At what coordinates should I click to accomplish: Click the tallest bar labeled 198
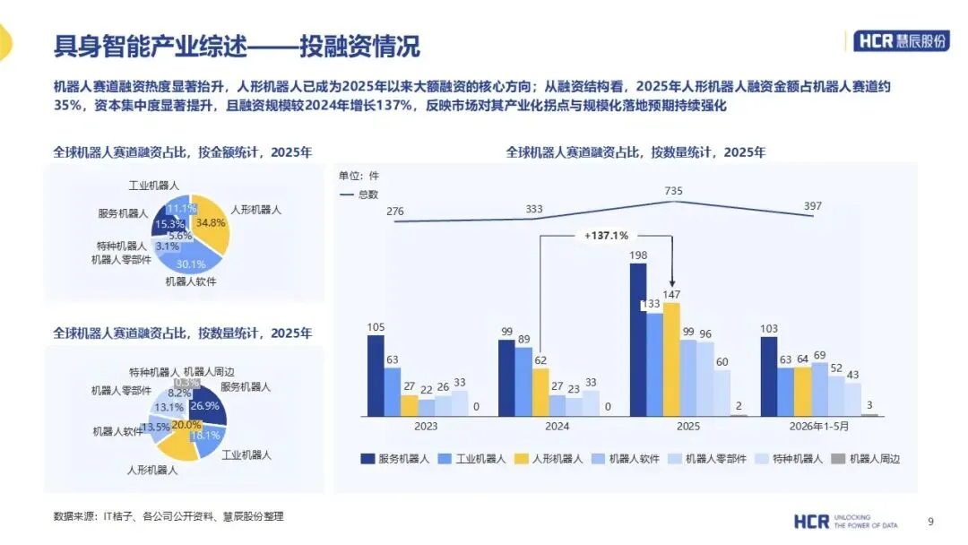[638, 340]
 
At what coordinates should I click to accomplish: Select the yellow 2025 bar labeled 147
[671, 359]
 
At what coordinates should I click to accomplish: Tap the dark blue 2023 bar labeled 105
[376, 376]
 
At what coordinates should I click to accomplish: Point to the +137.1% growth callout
[606, 235]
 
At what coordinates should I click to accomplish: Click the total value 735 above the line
[673, 191]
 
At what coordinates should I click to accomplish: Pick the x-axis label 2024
[557, 426]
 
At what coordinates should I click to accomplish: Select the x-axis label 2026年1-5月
[818, 426]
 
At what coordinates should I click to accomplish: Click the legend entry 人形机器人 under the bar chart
[549, 459]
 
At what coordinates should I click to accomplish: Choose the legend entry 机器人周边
[866, 459]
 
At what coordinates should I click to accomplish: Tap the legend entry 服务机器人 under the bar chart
[395, 459]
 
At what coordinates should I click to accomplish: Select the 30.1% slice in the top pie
[189, 259]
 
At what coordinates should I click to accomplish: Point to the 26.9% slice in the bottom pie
[207, 405]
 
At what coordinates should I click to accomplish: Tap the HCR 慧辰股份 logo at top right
[902, 40]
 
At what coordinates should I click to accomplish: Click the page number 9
[931, 522]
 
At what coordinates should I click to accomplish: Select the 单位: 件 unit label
[359, 176]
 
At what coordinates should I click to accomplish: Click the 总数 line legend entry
[359, 195]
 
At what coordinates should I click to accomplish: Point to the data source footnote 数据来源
[169, 516]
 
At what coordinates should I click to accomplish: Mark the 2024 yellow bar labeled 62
[540, 392]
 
